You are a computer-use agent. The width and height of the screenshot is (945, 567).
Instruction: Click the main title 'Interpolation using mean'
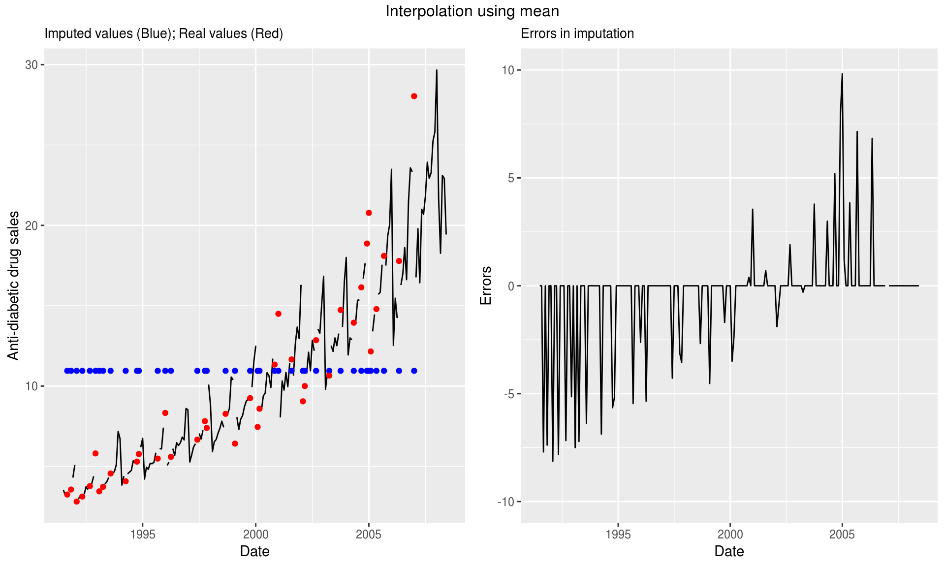[x=472, y=11]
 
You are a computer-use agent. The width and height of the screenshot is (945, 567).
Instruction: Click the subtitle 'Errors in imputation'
[x=577, y=33]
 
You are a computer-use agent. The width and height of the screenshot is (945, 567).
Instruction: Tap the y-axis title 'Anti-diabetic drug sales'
[x=14, y=285]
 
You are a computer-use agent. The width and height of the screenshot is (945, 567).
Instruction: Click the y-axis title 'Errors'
[x=486, y=285]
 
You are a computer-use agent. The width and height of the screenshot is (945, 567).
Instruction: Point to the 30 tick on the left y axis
[x=31, y=65]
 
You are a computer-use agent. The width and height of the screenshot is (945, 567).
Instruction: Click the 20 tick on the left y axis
[x=31, y=225]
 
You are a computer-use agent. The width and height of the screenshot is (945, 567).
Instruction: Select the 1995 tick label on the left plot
[x=143, y=535]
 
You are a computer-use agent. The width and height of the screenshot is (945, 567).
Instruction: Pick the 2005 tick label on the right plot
[x=842, y=535]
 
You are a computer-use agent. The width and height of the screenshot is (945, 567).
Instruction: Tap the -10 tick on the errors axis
[x=505, y=502]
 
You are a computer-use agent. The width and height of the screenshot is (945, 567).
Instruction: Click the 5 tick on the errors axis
[x=511, y=178]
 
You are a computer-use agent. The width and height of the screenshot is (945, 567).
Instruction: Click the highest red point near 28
[x=414, y=96]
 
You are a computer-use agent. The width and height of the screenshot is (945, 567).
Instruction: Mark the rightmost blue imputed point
[x=414, y=371]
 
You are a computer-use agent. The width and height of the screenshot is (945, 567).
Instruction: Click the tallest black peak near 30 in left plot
[x=437, y=70]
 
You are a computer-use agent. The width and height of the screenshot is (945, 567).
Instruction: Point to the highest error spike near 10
[x=842, y=74]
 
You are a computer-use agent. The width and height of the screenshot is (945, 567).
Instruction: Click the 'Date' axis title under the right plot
[x=729, y=551]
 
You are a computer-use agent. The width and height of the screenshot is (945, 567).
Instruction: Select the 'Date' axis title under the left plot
[x=254, y=551]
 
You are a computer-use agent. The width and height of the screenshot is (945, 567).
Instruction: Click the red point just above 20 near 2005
[x=369, y=213]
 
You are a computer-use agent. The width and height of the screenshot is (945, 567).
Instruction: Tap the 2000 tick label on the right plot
[x=730, y=535]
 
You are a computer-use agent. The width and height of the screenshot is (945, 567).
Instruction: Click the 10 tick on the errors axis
[x=507, y=70]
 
